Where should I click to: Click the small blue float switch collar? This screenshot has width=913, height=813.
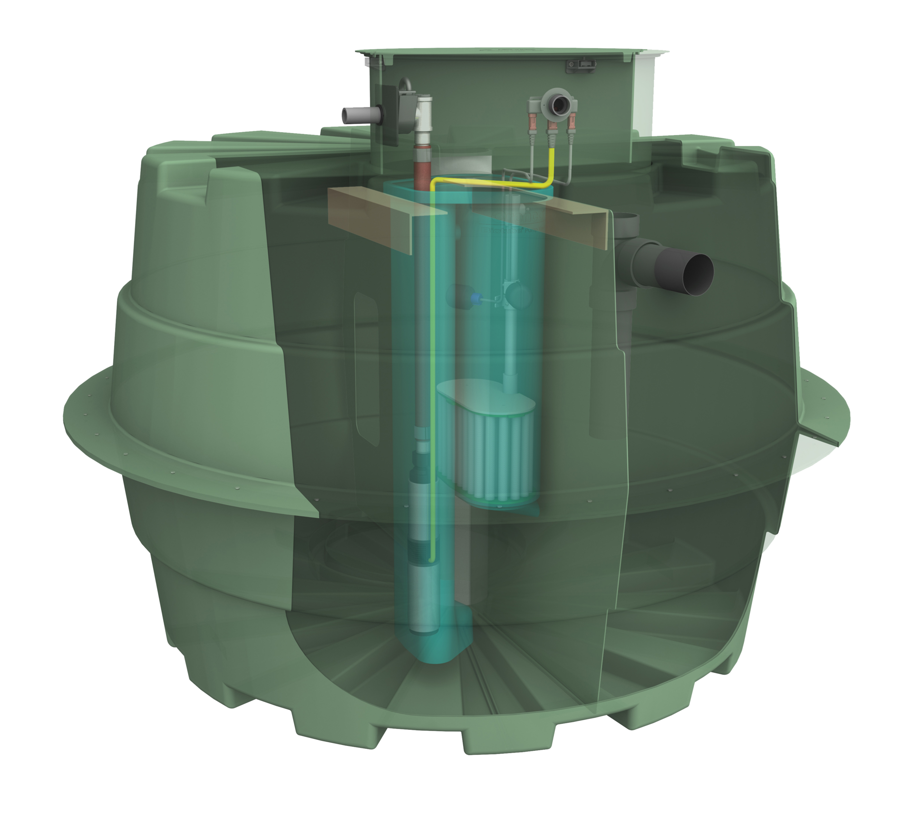coord(474,298)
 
